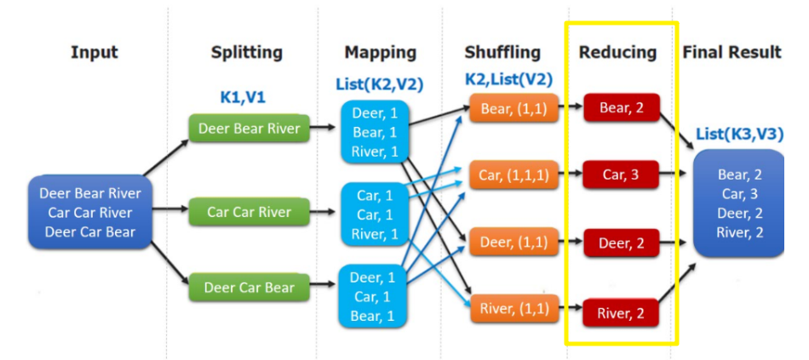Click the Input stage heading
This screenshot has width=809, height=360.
tap(94, 53)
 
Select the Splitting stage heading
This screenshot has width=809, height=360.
tap(247, 53)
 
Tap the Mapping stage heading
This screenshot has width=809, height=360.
tap(381, 53)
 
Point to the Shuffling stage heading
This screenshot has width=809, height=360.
tap(502, 53)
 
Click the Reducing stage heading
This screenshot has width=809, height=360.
tap(618, 53)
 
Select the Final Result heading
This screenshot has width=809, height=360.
tap(732, 53)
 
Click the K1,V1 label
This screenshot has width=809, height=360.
tap(243, 97)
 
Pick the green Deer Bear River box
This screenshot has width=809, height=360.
tap(249, 129)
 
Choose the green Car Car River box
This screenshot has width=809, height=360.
tap(249, 212)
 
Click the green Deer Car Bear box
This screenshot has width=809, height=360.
tap(249, 288)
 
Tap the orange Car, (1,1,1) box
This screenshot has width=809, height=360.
tap(514, 176)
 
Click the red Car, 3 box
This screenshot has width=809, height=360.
tap(622, 176)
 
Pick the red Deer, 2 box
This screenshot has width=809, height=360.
tap(622, 243)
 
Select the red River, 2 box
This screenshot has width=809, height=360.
tap(622, 312)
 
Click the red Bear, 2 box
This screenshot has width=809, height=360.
tap(622, 108)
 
